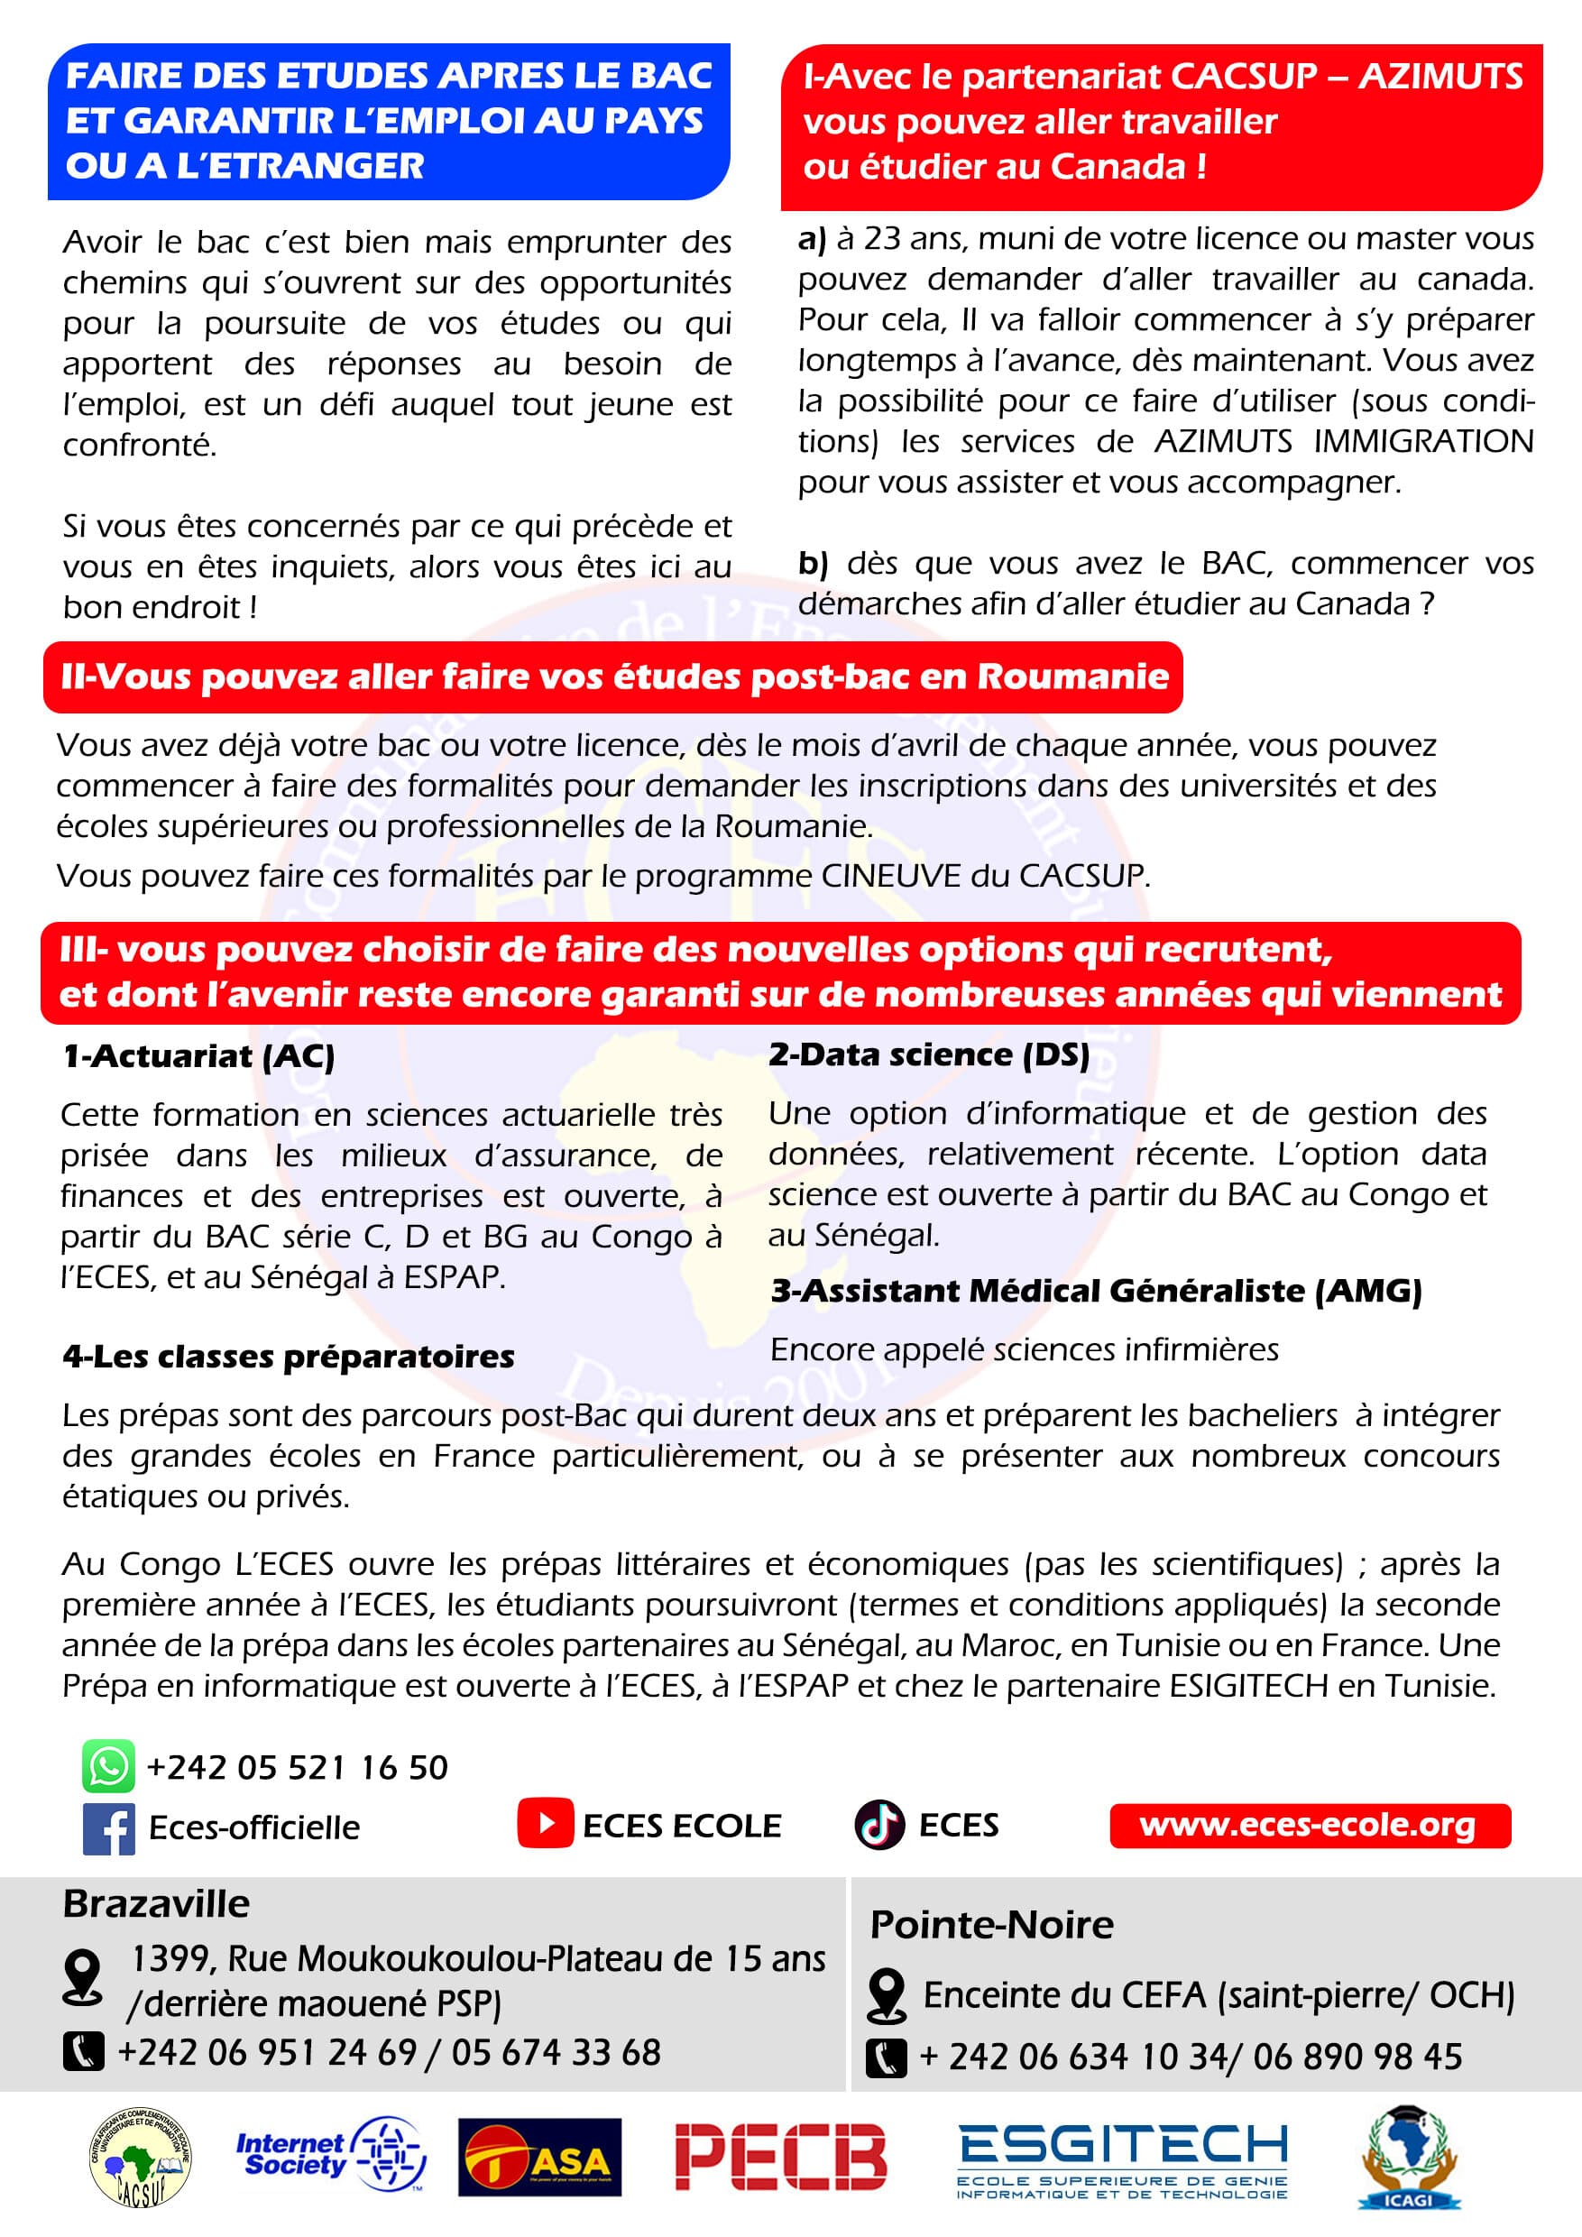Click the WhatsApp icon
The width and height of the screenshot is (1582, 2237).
108,1766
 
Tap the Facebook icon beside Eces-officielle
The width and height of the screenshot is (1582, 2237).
108,1827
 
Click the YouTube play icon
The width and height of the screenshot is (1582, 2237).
545,1824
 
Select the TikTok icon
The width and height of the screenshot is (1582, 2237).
878,1825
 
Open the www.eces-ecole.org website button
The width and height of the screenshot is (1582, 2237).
1310,1825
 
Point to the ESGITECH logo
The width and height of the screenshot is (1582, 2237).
1122,2161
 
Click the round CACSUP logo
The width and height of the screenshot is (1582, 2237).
141,2159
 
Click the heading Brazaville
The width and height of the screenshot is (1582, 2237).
156,1904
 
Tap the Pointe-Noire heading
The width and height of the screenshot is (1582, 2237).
990,1925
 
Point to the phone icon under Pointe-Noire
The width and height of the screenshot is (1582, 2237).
886,2057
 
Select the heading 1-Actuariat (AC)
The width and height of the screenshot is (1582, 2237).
198,1056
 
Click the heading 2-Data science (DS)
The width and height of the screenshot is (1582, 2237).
928,1054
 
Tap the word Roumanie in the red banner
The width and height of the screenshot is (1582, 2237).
1072,677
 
